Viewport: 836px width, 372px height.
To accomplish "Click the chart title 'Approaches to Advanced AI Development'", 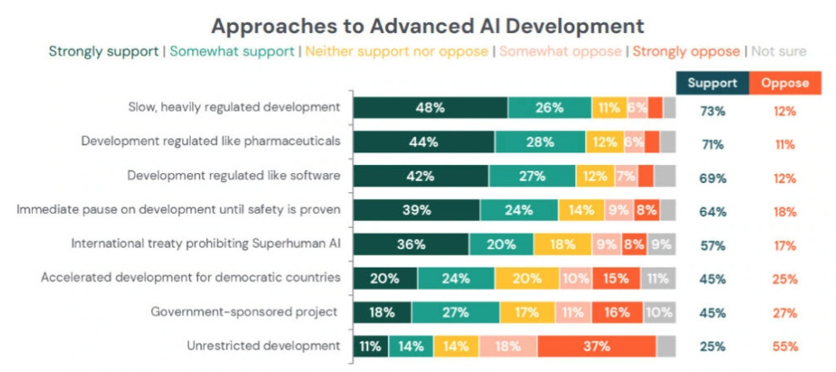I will (427, 24).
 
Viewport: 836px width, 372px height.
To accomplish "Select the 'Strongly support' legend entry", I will (104, 51).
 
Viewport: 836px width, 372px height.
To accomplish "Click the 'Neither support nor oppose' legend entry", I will (397, 51).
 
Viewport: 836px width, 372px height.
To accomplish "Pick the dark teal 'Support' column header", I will (713, 83).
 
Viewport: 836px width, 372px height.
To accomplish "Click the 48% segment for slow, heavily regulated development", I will (430, 108).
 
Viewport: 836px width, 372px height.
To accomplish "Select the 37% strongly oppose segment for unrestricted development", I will (596, 346).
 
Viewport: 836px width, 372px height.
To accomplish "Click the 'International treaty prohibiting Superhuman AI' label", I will (205, 244).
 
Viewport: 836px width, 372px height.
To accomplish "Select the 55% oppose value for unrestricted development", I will (785, 346).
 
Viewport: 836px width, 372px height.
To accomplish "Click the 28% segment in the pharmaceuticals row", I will (540, 142).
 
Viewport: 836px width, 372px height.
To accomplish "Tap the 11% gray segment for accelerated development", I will (656, 278).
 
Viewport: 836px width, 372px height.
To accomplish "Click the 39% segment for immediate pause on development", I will (417, 210).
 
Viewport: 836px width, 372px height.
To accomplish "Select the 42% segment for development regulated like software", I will (421, 176).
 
